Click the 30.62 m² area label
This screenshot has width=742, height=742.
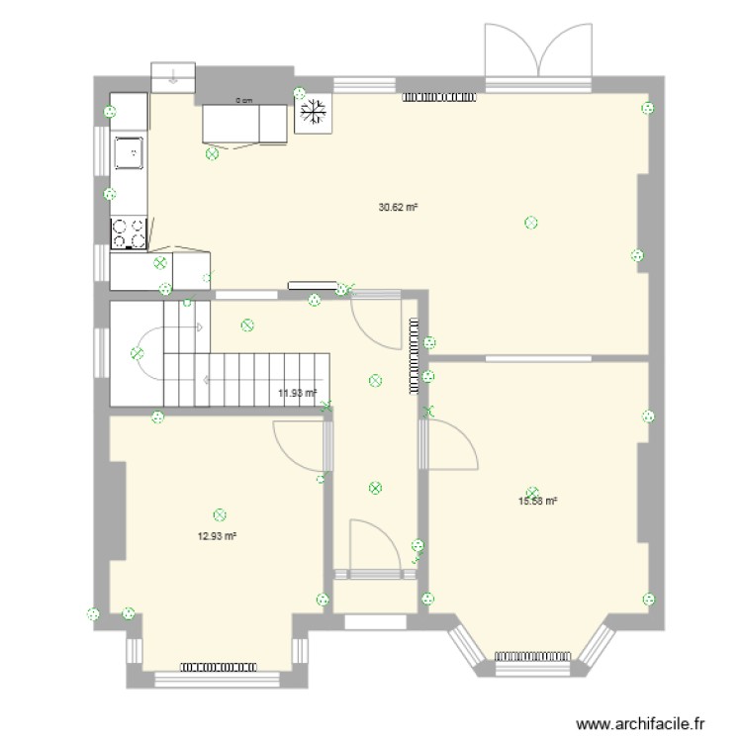[x=398, y=208]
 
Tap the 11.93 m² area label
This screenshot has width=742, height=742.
[x=297, y=393]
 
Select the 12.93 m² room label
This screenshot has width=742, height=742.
[x=217, y=536]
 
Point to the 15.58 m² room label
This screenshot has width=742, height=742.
[x=538, y=502]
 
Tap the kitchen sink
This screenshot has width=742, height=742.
[x=129, y=153]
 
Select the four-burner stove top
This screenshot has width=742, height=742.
[x=129, y=233]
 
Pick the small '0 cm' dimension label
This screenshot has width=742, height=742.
[x=243, y=100]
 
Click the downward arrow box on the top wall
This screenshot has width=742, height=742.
[x=173, y=75]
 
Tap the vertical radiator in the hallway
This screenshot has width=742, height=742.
[x=413, y=356]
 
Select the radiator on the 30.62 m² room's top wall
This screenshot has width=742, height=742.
[x=440, y=97]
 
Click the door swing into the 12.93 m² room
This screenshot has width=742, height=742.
[x=300, y=444]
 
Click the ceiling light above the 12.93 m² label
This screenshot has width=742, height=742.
[x=220, y=514]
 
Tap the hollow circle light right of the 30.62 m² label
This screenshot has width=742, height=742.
[x=531, y=223]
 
